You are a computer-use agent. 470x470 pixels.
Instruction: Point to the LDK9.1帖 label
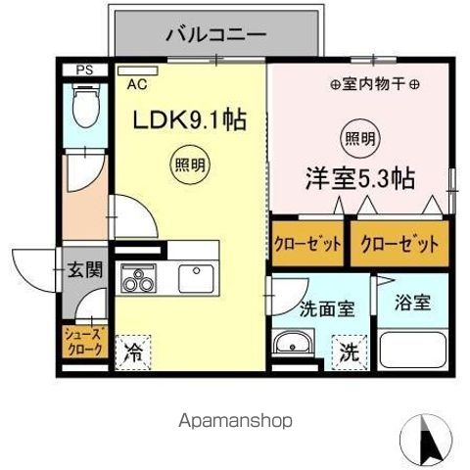pos(188,121)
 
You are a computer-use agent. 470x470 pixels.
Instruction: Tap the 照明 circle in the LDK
pos(191,164)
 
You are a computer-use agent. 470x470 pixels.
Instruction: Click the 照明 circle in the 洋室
pos(358,137)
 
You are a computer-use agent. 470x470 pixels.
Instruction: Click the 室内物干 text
pos(360,85)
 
